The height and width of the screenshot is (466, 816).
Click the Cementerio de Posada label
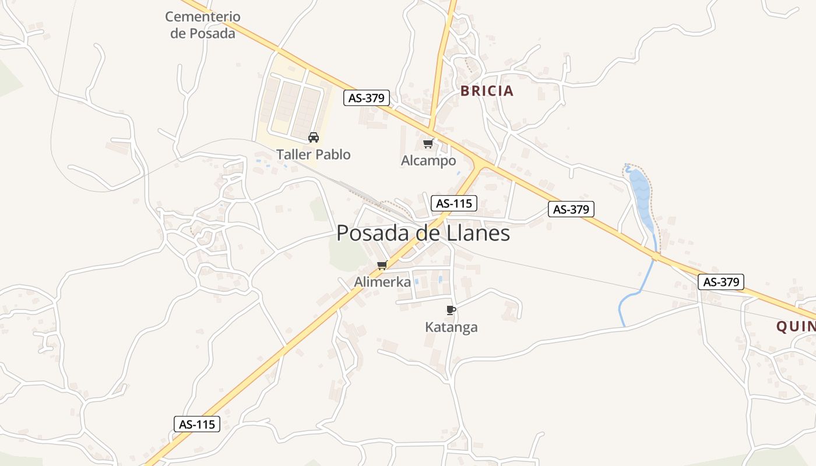[202, 25]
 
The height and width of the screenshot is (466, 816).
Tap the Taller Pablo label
[314, 154]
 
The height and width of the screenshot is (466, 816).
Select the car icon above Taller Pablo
[314, 137]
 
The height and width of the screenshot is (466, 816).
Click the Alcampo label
[428, 160]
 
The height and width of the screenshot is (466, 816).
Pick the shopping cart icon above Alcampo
[428, 143]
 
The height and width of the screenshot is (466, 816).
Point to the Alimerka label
[382, 282]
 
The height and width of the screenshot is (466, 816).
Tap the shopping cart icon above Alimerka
[382, 266]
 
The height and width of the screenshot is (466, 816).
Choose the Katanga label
[451, 327]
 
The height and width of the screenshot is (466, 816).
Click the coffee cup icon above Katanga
[451, 310]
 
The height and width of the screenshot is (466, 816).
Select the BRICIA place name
[487, 91]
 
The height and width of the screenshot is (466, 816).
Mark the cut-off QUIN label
[796, 327]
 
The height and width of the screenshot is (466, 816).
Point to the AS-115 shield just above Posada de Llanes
[454, 203]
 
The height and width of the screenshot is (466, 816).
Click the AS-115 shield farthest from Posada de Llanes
[197, 424]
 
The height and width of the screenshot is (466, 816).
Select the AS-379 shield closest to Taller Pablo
[366, 98]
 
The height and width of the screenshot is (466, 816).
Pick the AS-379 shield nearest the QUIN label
[721, 282]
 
